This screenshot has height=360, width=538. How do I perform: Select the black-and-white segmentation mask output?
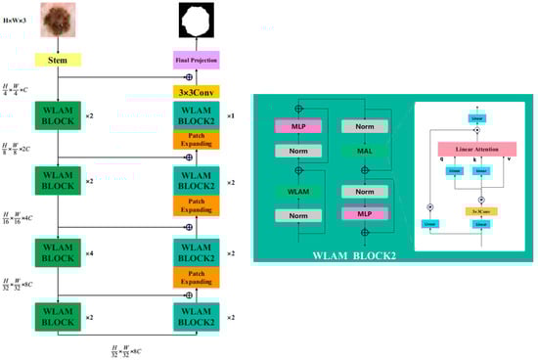pos(194,20)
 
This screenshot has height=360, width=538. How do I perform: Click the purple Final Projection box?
pos(195,59)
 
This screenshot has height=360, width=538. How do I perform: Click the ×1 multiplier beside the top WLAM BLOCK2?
pos(232,115)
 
